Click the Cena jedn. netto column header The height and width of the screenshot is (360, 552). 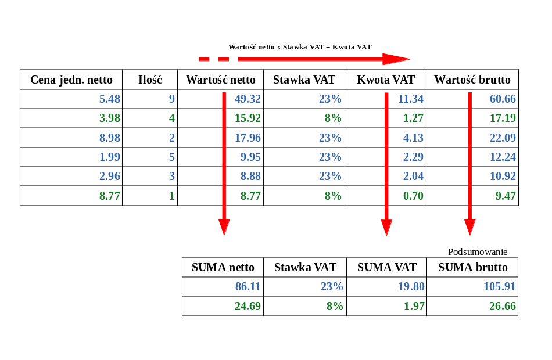[71, 80]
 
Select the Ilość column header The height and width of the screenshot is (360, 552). [150, 80]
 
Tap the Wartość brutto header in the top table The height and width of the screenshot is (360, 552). [472, 80]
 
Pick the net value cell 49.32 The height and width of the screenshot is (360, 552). [248, 99]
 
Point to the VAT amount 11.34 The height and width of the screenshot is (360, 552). [410, 99]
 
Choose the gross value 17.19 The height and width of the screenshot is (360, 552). [503, 118]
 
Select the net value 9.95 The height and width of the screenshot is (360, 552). [250, 157]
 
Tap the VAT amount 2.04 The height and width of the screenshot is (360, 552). [413, 177]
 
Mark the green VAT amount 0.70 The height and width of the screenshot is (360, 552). [413, 196]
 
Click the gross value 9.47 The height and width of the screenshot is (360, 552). [506, 196]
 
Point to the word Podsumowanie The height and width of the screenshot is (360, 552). [478, 252]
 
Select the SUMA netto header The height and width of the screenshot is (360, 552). [223, 268]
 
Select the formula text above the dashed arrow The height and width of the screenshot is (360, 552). [299, 47]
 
